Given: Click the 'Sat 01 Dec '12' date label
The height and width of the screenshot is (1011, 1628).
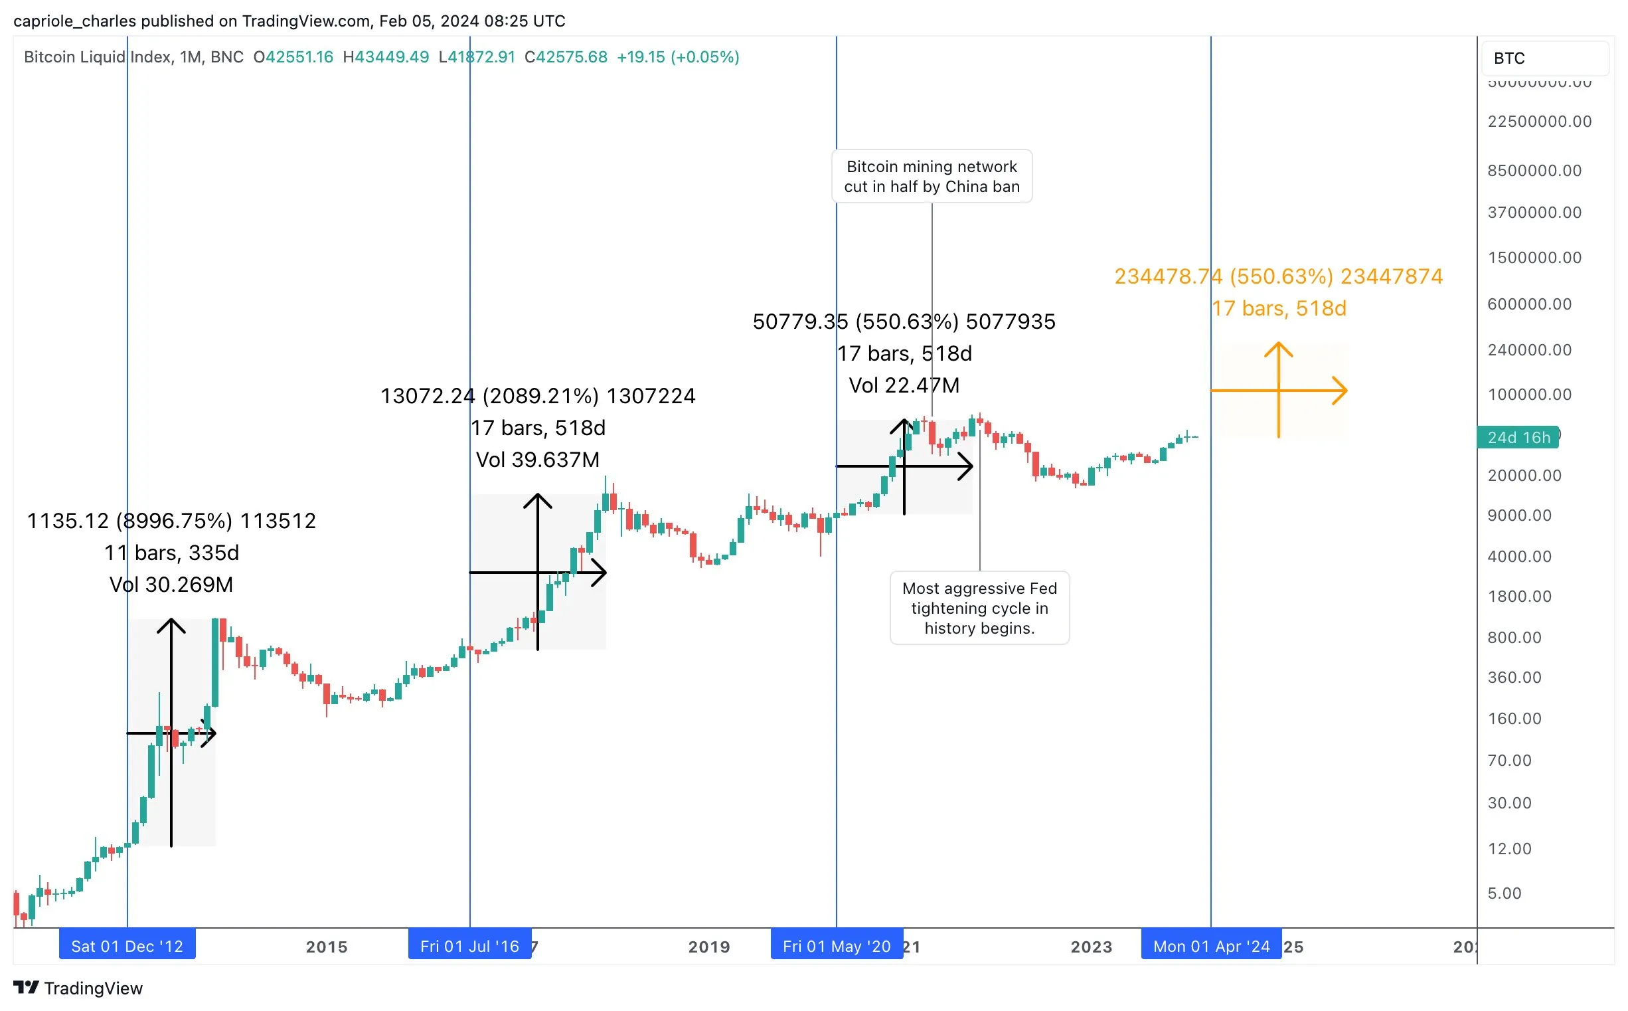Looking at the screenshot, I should click(127, 946).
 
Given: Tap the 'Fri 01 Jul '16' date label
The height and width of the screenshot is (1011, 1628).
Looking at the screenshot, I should click(469, 946).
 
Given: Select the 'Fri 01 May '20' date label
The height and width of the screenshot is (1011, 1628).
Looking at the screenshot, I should click(836, 946).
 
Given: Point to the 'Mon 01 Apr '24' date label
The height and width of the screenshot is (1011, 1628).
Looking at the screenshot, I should click(1211, 946).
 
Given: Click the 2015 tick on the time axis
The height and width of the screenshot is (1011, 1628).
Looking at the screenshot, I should click(327, 947).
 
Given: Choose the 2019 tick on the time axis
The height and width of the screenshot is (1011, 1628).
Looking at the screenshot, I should click(709, 947).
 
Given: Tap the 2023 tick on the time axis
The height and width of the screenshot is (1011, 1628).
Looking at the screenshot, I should click(1092, 947).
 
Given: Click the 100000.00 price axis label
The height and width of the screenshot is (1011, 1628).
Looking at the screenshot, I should click(1529, 395).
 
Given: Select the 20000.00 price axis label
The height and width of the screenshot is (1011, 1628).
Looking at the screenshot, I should click(1524, 476).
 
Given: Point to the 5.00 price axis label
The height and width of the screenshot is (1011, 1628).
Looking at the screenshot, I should click(1505, 893).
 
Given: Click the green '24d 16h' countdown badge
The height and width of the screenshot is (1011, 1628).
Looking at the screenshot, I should click(1518, 437).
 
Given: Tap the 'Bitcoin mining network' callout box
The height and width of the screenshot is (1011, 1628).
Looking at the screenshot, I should click(932, 177).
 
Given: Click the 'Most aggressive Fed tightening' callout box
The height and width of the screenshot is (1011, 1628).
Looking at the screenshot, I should click(979, 608).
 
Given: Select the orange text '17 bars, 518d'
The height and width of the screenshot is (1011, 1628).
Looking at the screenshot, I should click(1279, 308).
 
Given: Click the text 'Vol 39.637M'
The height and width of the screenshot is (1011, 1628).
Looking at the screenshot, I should click(537, 460).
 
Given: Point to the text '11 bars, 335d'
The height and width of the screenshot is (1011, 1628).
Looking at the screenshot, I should click(171, 552).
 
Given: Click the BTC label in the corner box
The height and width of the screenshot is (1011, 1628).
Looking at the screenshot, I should click(1509, 58).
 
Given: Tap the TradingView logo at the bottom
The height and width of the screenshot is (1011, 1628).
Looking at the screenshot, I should click(78, 988).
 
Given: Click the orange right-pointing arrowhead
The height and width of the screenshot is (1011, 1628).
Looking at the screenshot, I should click(1339, 391).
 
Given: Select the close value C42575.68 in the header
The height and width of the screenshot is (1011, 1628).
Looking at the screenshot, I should click(566, 57).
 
